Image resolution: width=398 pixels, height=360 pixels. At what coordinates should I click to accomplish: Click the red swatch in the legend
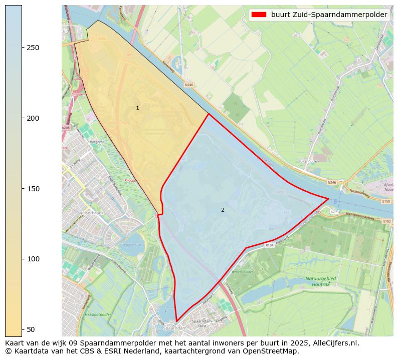260,15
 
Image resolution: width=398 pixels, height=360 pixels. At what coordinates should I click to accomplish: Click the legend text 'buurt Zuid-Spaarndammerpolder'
329,15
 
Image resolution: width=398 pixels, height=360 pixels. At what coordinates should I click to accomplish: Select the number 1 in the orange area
137,108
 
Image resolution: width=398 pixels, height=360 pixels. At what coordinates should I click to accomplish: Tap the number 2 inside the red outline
223,210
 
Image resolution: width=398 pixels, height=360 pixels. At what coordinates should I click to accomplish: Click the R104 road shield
270,245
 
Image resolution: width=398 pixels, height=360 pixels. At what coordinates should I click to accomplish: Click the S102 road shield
386,221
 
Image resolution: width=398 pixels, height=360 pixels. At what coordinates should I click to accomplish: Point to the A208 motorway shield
66,128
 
